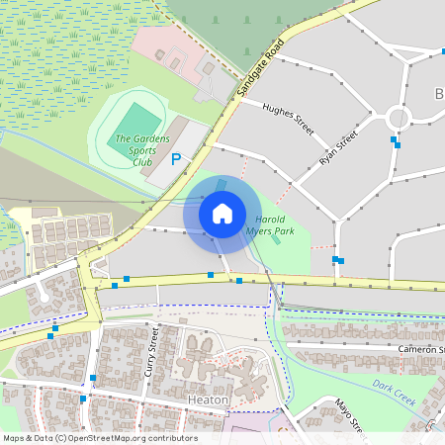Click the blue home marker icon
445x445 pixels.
pos(222,213)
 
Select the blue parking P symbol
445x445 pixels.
pos(176,159)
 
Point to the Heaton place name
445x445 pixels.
pos(208,400)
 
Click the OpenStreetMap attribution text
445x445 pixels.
pos(99,438)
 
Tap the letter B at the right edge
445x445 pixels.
pos(439,94)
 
